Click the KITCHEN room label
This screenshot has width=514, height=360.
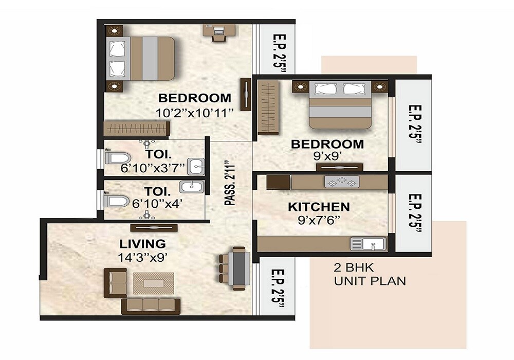coord(319,207)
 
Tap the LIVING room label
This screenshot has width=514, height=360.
coord(143,244)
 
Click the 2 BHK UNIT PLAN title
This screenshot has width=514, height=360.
coord(370,275)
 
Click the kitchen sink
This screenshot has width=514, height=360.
coord(368,244)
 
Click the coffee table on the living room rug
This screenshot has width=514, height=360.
coord(154,283)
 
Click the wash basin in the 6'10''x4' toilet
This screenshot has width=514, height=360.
coord(191,187)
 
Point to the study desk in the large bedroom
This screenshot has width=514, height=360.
coord(218,30)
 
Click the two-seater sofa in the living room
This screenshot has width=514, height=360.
coord(115,282)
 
